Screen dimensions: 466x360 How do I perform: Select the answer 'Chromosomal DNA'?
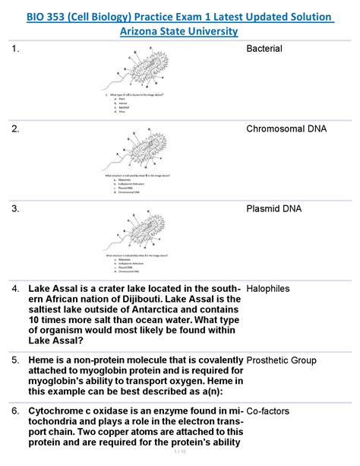tap(286, 128)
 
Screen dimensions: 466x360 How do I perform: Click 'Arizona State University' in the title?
tap(179, 31)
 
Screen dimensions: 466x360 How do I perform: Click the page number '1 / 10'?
tap(179, 455)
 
